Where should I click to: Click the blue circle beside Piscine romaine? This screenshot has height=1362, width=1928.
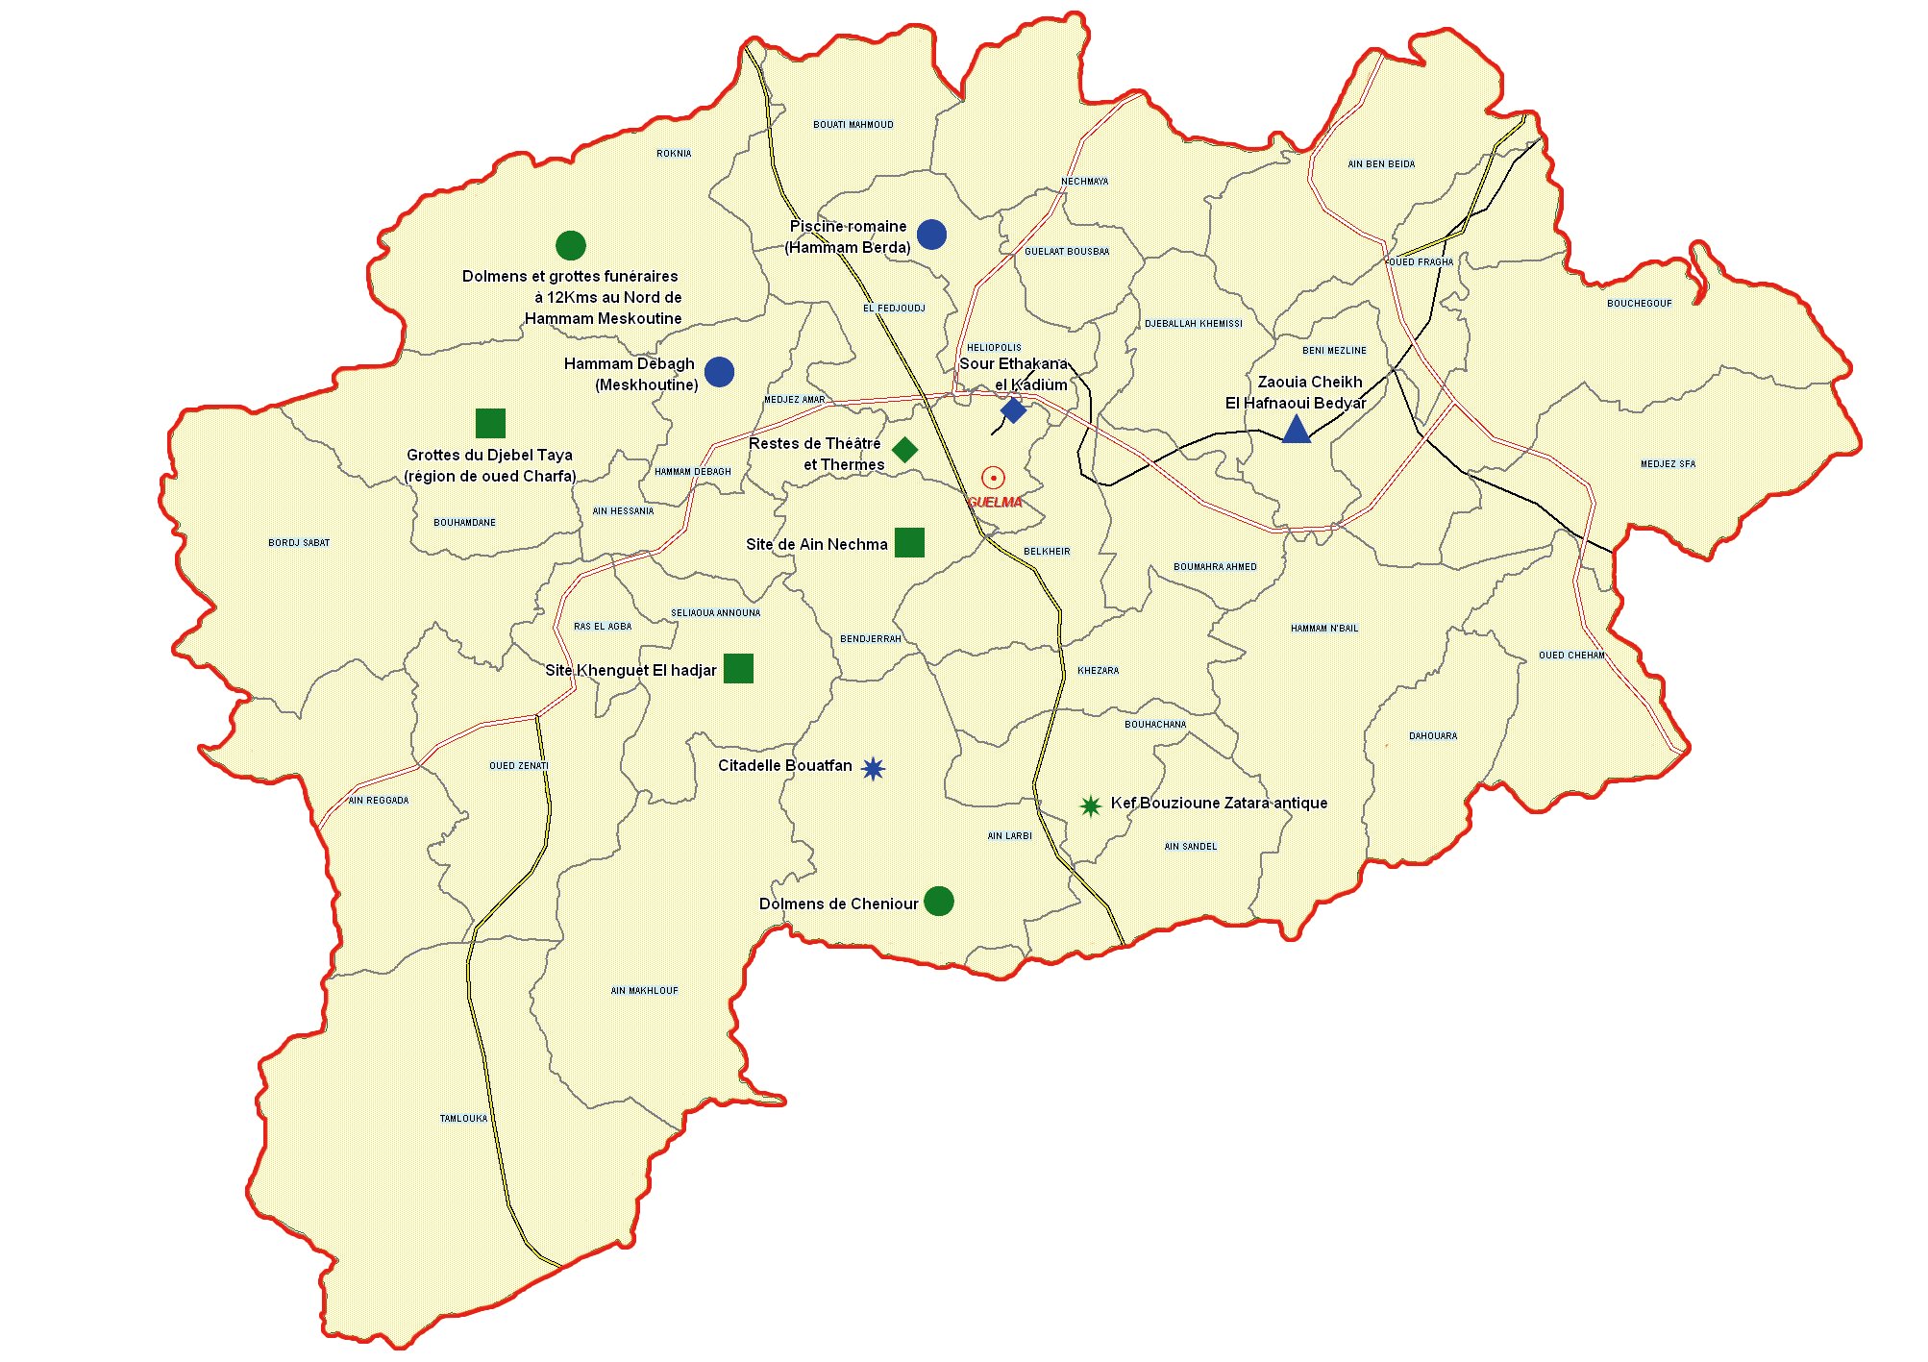[x=931, y=234]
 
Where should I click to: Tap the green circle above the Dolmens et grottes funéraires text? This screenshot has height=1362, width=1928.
[x=571, y=245]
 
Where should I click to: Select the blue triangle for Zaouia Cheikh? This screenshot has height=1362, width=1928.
[x=1296, y=431]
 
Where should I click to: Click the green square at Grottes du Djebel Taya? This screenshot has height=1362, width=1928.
[x=490, y=423]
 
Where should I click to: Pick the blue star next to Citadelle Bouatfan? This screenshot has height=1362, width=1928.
[x=873, y=768]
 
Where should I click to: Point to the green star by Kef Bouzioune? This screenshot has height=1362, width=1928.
[x=1090, y=805]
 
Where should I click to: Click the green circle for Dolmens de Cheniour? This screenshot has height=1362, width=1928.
[x=939, y=901]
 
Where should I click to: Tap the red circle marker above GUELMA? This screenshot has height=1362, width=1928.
[x=993, y=478]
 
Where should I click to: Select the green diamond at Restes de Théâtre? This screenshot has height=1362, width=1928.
[x=904, y=449]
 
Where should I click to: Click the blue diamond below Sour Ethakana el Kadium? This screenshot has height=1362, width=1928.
[x=1013, y=410]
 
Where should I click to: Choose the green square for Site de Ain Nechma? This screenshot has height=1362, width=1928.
[x=909, y=542]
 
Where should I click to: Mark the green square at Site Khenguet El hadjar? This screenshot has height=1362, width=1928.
[x=738, y=668]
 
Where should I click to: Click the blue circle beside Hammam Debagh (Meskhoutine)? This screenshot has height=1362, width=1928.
[x=719, y=371]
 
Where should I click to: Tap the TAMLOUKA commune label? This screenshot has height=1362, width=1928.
[x=463, y=1118]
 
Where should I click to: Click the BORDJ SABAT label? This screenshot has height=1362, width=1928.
[x=299, y=542]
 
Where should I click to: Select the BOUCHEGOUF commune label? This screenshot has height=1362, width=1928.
[x=1639, y=303]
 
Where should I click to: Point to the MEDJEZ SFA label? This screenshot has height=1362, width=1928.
[x=1668, y=463]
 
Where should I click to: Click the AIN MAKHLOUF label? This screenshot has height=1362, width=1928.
[x=644, y=990]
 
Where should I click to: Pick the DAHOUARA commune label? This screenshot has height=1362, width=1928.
[x=1432, y=735]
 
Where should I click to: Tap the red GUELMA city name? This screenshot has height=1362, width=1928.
[x=995, y=502]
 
